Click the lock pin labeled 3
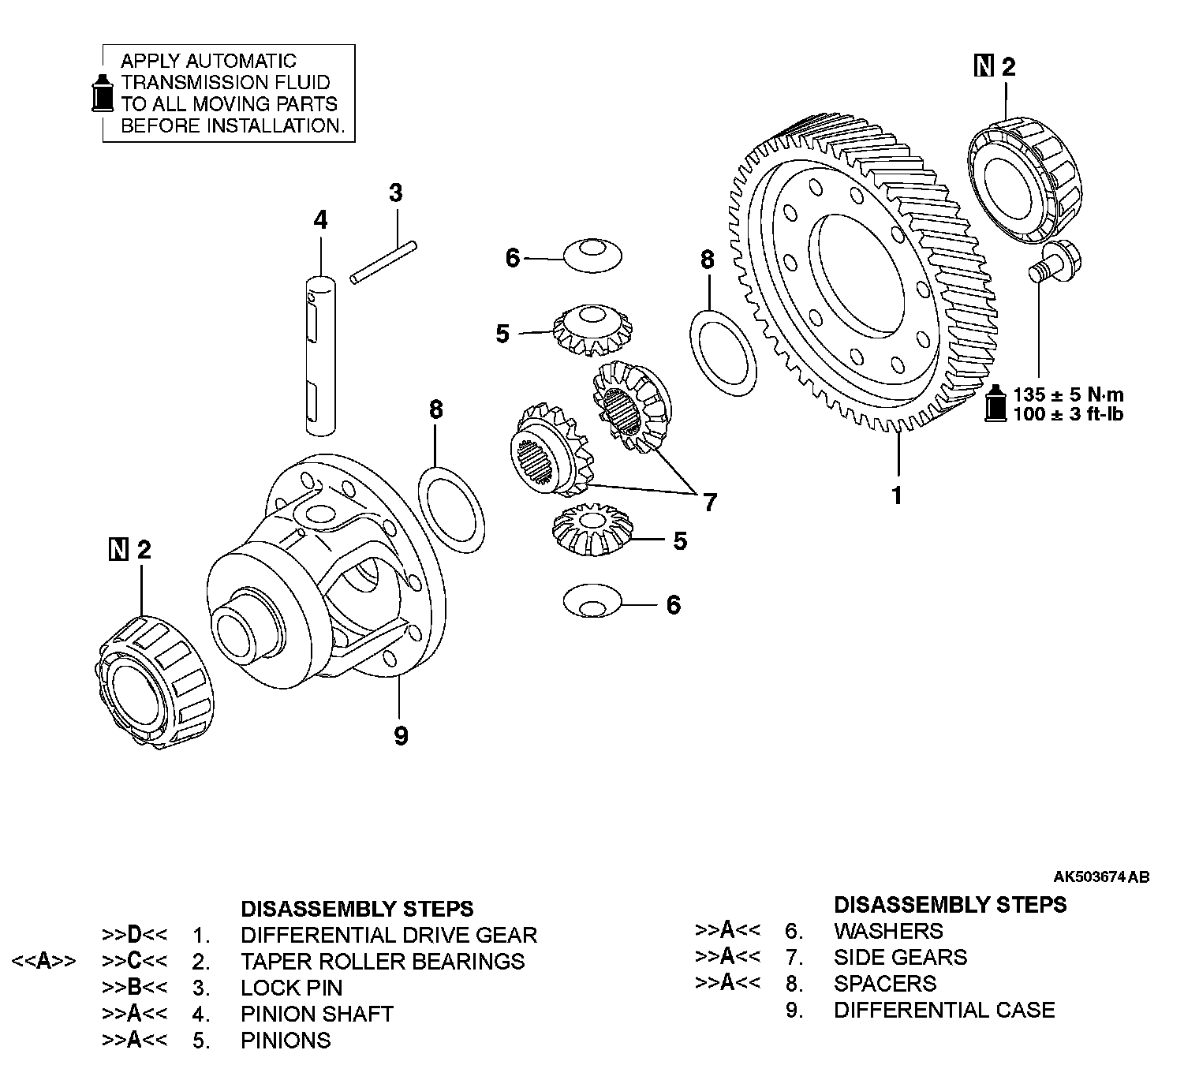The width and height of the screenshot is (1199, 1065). coord(383,260)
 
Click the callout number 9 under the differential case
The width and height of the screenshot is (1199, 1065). coord(401,736)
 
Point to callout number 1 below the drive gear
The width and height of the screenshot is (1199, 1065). coord(896,495)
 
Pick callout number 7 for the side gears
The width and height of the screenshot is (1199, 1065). coord(710,502)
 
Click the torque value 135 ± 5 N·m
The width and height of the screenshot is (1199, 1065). coord(1069,394)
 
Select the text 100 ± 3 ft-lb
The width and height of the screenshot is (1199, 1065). coord(1068,414)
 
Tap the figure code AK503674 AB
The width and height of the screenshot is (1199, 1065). coord(1101,876)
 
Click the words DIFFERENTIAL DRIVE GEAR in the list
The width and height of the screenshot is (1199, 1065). coord(389,935)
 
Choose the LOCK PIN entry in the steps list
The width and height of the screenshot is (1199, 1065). coord(291,988)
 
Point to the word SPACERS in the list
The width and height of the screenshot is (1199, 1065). coord(885,984)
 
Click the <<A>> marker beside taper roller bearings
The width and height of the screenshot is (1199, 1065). coord(44,962)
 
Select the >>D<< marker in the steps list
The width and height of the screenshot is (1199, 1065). coord(134,936)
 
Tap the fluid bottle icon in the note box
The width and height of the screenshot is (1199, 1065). coord(100,94)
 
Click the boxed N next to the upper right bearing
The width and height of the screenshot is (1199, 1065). coord(984,68)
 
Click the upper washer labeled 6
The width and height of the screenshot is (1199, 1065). coord(592,254)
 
